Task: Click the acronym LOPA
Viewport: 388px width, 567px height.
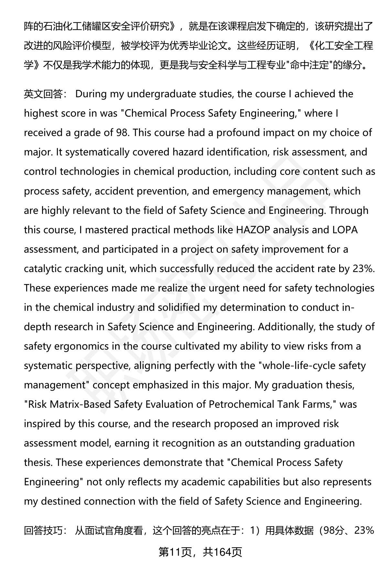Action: coord(345,230)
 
